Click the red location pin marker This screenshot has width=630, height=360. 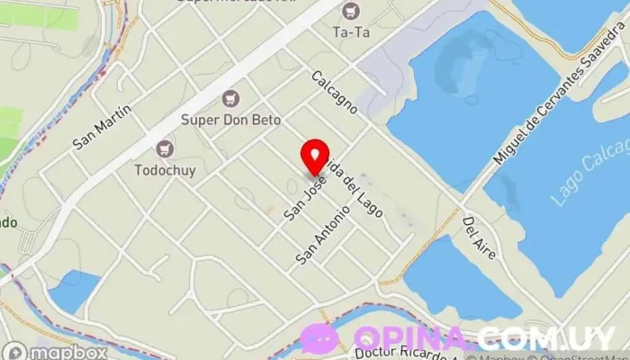(x=315, y=157)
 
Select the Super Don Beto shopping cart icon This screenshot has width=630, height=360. (x=231, y=97)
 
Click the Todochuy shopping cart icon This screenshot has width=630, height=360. (x=164, y=148)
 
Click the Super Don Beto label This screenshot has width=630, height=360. (x=231, y=119)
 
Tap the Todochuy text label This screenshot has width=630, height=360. (x=164, y=169)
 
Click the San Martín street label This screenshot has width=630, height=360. (x=103, y=126)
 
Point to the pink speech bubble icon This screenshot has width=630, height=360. (x=319, y=338)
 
